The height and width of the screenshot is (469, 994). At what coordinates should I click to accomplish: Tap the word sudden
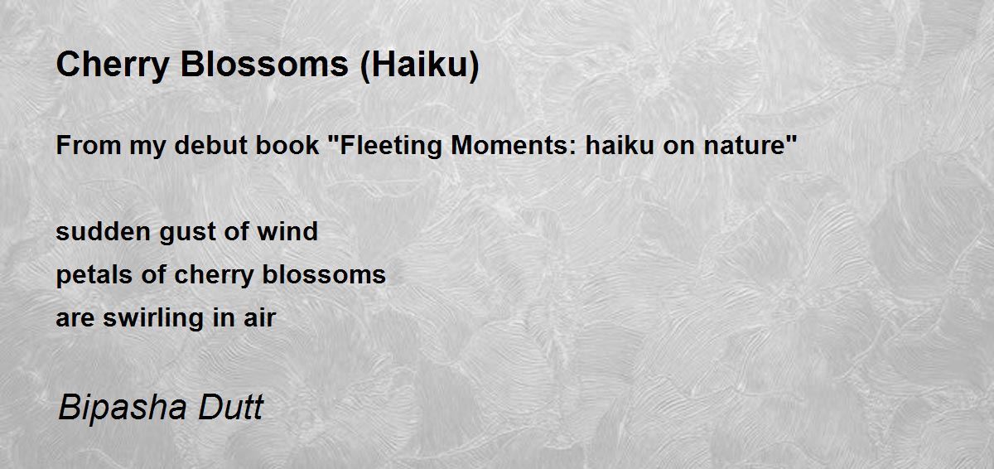tap(92, 231)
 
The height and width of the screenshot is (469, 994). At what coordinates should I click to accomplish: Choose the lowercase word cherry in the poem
tap(219, 274)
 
